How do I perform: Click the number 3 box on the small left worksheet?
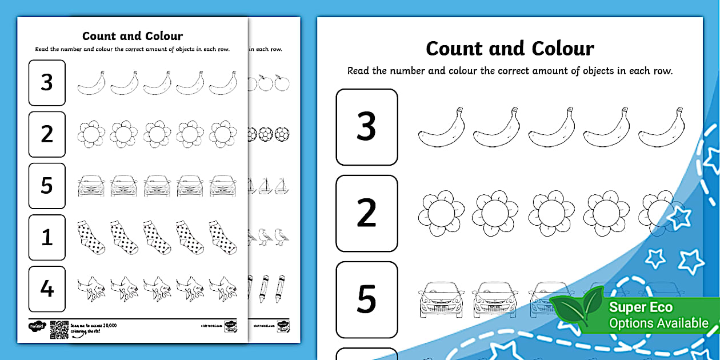point(47,83)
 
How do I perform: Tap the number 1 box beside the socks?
point(47,237)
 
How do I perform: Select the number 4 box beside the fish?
point(47,289)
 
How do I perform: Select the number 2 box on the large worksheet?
point(366,213)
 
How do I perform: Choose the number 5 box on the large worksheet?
point(366,299)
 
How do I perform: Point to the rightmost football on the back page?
point(282,134)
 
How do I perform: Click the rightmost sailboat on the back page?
point(281,186)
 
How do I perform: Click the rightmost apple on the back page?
point(281,83)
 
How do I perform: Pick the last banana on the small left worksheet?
point(223,83)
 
